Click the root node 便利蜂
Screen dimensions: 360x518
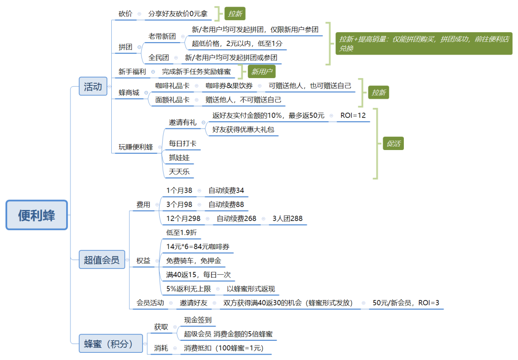tap(37, 215)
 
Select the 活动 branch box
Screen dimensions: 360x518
tap(93, 87)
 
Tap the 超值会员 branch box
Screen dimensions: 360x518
tap(101, 260)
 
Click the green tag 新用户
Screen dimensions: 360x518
tap(261, 72)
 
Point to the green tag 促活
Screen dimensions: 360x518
tap(393, 143)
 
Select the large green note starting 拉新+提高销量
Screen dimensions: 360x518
tap(424, 44)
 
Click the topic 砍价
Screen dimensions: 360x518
tap(126, 13)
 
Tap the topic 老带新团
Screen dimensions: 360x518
tap(163, 36)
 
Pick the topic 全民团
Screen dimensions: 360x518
tap(159, 58)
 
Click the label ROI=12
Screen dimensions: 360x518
tap(353, 116)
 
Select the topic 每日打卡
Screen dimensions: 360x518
tap(182, 143)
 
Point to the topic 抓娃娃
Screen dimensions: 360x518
tap(179, 157)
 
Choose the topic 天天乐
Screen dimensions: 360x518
tap(179, 171)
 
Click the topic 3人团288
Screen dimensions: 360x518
tap(287, 219)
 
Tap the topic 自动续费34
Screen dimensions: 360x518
tap(226, 190)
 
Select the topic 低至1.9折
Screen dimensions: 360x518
tap(181, 232)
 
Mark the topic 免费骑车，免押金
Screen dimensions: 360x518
tap(193, 261)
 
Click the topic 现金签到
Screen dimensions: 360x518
tap(198, 320)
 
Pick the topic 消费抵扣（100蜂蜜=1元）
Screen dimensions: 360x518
tap(224, 348)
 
